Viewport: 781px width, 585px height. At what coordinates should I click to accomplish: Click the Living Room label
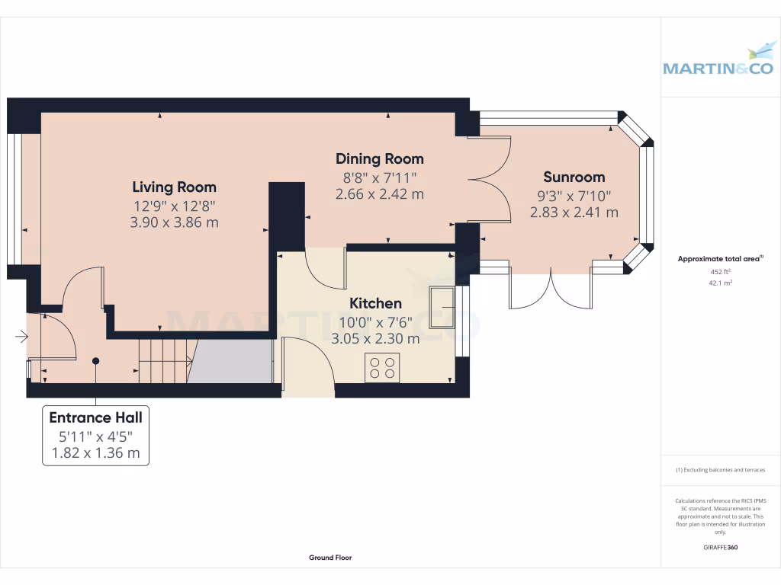coord(174,187)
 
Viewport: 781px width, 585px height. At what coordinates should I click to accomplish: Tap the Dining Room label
coord(380,158)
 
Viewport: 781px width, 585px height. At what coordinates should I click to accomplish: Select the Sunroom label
coord(574,177)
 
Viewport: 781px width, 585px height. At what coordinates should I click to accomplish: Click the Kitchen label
coord(375,303)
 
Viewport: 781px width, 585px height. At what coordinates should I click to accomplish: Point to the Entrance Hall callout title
coord(95,417)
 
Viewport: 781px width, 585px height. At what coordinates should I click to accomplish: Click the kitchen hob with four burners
coord(382,368)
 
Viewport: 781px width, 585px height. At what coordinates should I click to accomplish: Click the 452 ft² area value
coord(720,272)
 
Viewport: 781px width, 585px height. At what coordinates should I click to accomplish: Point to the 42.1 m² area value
coord(720,283)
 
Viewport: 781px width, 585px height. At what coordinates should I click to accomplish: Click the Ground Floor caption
coord(330,558)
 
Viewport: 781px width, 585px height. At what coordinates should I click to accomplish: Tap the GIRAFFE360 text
coord(720,547)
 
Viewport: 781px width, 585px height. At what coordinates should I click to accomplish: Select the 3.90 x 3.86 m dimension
coord(174,222)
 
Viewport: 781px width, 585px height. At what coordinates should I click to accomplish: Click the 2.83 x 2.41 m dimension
coord(574,213)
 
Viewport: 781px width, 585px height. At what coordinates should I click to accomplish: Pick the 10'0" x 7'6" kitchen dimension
coord(375,321)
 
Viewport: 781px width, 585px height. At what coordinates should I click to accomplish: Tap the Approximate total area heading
coord(720,259)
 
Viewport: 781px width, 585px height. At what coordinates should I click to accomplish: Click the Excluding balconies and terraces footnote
coord(720,470)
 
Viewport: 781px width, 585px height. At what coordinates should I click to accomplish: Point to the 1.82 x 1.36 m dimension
coord(95,453)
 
